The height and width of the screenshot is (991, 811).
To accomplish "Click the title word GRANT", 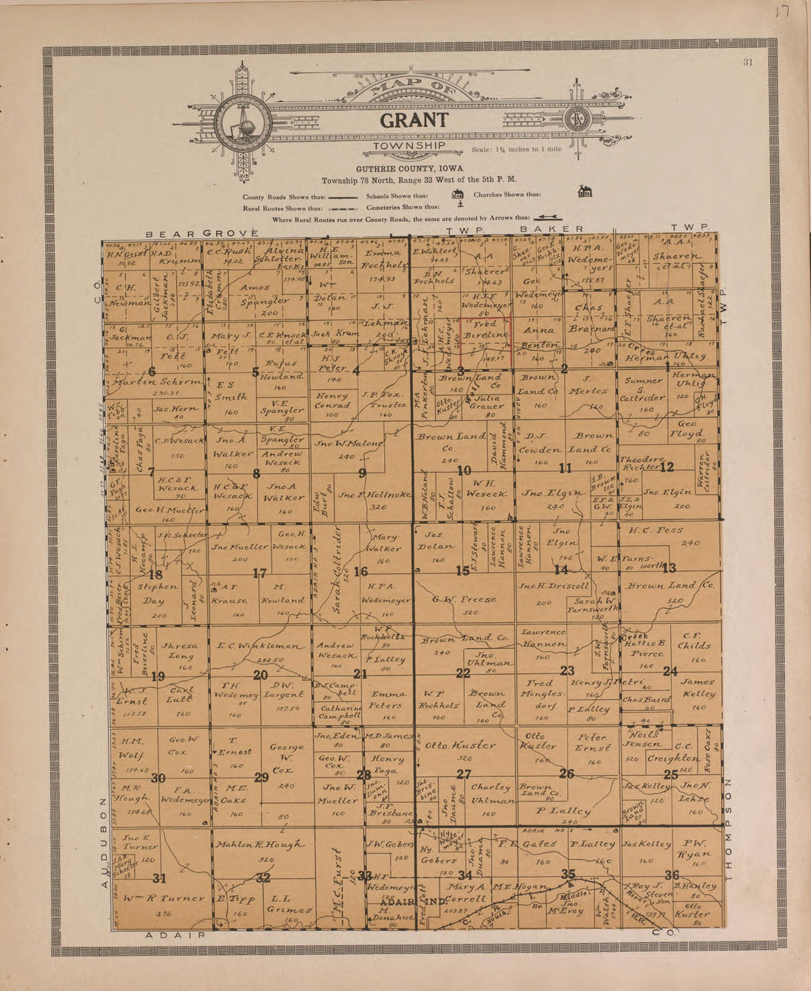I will point(414,120).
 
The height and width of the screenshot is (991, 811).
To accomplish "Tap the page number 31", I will point(748,63).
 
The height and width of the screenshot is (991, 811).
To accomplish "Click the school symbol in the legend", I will point(457,195).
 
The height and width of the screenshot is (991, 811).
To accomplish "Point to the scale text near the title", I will point(516,150).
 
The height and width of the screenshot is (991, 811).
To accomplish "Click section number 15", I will point(462,571).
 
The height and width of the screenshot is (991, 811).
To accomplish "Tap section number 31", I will point(159,877).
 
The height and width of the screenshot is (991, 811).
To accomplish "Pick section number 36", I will point(672,874).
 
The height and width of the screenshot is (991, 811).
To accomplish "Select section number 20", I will point(260,675).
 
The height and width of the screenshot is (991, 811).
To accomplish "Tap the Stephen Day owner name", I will point(156,594).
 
